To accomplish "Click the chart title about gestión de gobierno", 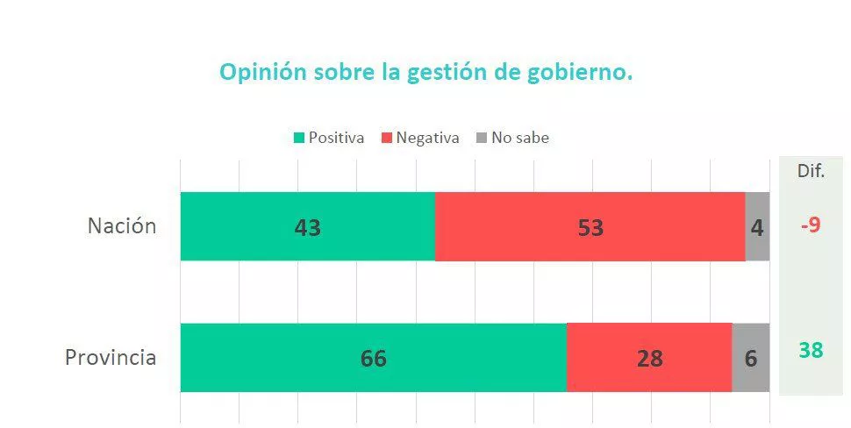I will [x=425, y=72].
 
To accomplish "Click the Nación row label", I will [x=122, y=226].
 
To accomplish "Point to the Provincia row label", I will [x=111, y=358].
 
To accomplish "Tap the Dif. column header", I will [x=811, y=171].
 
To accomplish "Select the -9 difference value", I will [x=810, y=225].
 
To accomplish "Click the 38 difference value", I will [x=811, y=351].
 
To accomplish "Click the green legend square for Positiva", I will [x=299, y=139].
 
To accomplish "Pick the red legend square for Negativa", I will [x=387, y=139].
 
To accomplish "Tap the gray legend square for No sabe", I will [x=482, y=139].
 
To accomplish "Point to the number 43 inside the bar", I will [x=307, y=228].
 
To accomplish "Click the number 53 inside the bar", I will [x=590, y=228].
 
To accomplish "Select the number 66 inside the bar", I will [x=373, y=359].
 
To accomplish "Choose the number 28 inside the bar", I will [x=649, y=359].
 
